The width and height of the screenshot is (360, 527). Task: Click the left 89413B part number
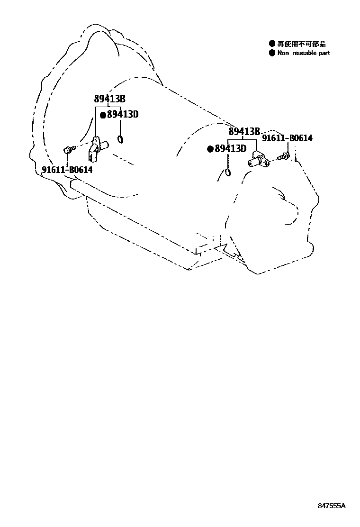point(109,99)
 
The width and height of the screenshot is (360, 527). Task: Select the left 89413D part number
point(122,114)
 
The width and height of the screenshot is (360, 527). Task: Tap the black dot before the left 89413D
point(103,115)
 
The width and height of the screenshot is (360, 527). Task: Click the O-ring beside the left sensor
point(120,139)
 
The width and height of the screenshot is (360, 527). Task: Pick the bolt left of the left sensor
point(68,150)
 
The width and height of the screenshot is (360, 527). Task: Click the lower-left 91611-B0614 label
point(67,170)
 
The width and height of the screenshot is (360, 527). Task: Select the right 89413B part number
point(244,132)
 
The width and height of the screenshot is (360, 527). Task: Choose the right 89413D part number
point(230,149)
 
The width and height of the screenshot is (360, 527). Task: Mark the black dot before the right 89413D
point(210,149)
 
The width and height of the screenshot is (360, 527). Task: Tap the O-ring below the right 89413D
point(228,172)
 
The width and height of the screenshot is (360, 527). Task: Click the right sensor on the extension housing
point(258,160)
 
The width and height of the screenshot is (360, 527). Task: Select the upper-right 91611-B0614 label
point(287,138)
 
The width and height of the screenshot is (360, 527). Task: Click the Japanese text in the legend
point(301,44)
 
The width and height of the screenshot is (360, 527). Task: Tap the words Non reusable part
point(304,53)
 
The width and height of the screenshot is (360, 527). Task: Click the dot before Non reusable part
point(272,53)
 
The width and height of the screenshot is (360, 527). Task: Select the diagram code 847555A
point(332,506)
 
